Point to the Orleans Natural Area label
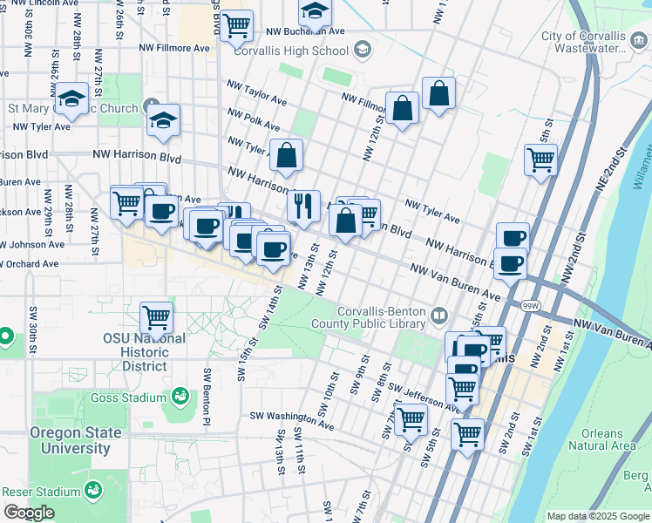[601, 439]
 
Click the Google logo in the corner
[30, 513]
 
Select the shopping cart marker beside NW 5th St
[540, 160]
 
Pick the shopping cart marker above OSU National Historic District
[157, 317]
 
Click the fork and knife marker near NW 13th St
[303, 206]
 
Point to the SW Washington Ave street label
[292, 421]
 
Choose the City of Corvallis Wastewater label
[583, 43]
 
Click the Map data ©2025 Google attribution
[598, 516]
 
